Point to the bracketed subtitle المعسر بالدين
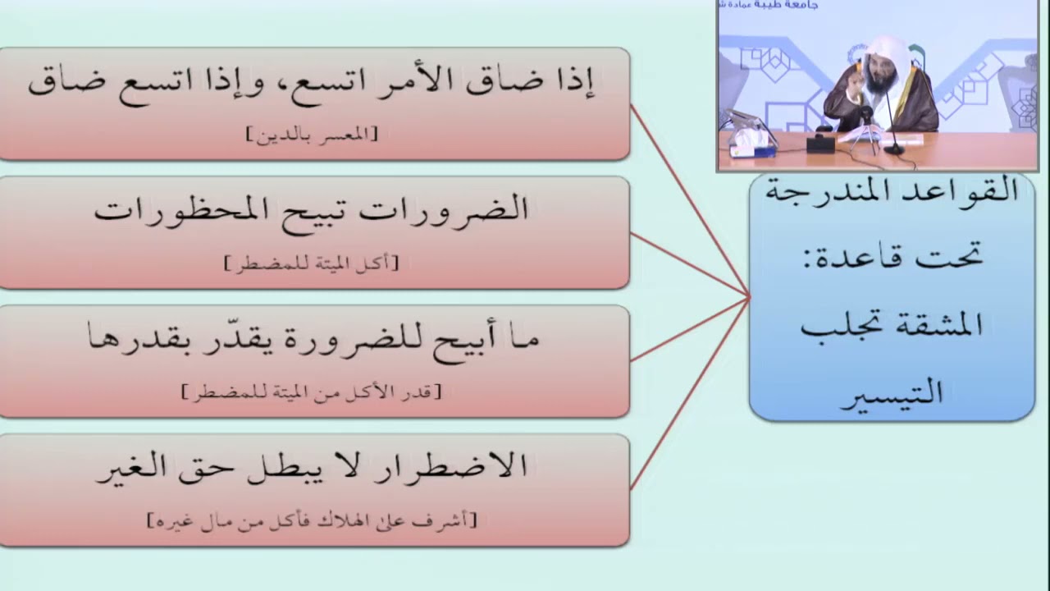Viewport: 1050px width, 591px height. [313, 135]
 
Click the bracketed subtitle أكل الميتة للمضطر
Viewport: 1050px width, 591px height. [311, 263]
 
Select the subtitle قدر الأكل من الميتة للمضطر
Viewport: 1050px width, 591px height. [311, 392]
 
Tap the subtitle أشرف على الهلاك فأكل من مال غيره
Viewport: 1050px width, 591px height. [311, 520]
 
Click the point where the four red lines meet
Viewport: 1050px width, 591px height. [748, 295]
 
